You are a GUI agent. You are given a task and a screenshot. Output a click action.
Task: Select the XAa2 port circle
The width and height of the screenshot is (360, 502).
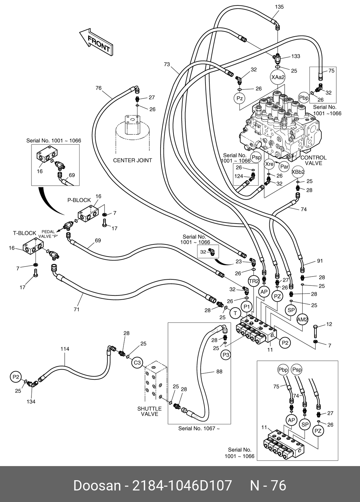point(278,77)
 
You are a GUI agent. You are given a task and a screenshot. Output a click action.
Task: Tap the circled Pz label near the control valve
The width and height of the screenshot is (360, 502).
point(240,98)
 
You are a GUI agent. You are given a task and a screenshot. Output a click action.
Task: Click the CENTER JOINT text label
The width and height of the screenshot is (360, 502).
point(132,160)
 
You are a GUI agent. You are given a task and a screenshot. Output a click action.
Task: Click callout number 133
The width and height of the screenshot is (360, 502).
point(296,56)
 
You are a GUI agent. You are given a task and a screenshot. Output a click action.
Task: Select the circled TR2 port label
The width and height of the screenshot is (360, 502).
point(254,282)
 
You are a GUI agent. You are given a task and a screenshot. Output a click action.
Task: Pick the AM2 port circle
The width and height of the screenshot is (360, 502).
point(302,319)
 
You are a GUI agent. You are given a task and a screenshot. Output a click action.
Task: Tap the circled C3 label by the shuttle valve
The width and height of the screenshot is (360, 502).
point(137,363)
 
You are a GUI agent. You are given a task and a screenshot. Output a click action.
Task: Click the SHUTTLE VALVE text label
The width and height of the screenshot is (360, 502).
point(149,411)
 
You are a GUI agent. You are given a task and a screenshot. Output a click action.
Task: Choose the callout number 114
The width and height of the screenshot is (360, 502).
point(65,349)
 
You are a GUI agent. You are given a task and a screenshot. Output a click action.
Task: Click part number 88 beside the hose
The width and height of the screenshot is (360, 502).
point(219,372)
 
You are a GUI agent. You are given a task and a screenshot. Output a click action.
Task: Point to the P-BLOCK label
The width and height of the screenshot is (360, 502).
point(79,200)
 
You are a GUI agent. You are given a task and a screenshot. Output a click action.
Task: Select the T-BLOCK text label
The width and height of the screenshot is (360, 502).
point(24,233)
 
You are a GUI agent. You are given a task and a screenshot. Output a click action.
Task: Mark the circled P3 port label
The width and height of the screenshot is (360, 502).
point(226,355)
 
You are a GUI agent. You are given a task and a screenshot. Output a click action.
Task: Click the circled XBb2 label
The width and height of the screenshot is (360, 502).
point(298,172)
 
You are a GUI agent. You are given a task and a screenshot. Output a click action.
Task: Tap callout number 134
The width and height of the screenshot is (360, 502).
point(31,402)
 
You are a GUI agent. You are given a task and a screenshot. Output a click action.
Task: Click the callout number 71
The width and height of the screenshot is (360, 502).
point(76,310)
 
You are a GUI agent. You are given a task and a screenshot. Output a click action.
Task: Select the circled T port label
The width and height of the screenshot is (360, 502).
point(235,313)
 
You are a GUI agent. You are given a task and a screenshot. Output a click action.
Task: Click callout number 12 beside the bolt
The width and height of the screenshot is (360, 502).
point(329,324)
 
